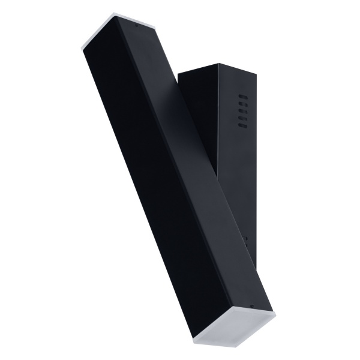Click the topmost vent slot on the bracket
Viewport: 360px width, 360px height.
click(x=243, y=96)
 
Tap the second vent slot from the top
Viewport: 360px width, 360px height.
click(x=243, y=103)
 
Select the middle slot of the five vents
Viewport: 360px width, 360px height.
click(x=243, y=110)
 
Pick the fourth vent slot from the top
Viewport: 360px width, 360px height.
click(x=243, y=118)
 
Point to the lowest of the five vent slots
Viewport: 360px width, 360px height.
click(x=243, y=125)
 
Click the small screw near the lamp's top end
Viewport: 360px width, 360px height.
click(x=137, y=26)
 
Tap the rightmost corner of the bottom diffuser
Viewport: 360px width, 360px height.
click(x=275, y=315)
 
